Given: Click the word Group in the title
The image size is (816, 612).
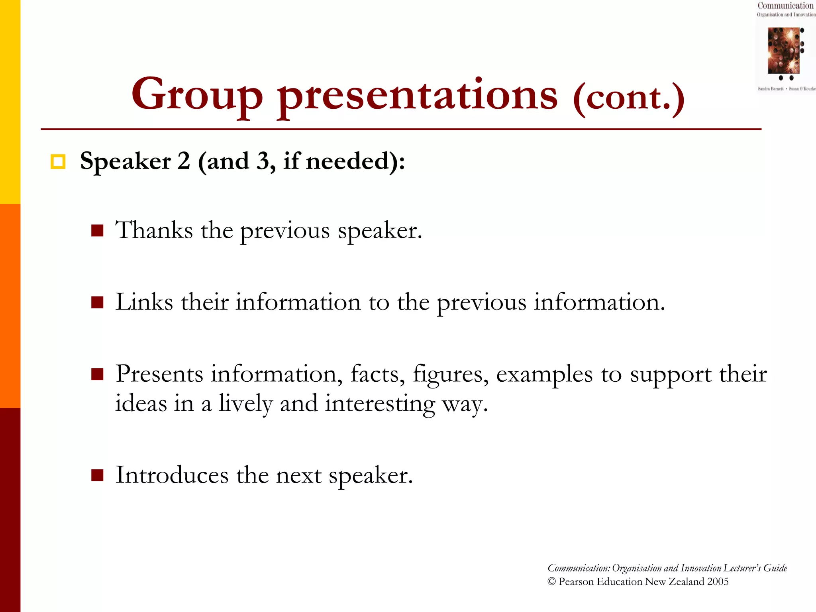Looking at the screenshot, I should (197, 95).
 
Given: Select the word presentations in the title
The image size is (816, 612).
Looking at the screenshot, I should (417, 96).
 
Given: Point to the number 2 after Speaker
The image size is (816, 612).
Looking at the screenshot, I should (183, 161).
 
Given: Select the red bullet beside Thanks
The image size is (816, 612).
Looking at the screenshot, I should (97, 231).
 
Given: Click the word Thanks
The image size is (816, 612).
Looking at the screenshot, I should (154, 230).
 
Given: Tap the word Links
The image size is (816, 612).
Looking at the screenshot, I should (144, 302).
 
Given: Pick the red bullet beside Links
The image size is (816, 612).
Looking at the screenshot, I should (97, 302).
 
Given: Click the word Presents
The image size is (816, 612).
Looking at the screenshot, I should (159, 374).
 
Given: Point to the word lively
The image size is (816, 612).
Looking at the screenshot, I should (245, 404).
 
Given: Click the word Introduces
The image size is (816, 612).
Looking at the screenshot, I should (172, 475).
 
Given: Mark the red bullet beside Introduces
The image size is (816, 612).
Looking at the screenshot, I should (97, 475).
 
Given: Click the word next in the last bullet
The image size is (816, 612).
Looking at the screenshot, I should (298, 475).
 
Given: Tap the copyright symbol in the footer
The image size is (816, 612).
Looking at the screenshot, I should (551, 581).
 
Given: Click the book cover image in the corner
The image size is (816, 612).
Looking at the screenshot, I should (784, 51).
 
